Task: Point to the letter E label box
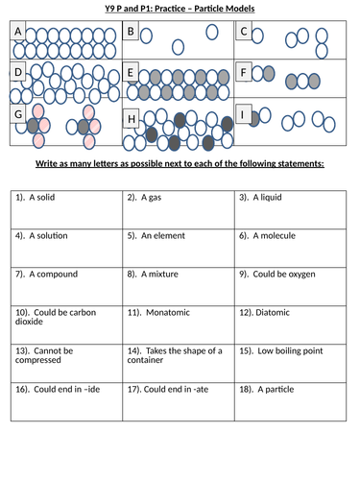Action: [131, 73]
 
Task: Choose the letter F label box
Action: [244, 73]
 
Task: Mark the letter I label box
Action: [244, 115]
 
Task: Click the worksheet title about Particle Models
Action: [180, 10]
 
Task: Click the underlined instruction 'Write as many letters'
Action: [180, 163]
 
